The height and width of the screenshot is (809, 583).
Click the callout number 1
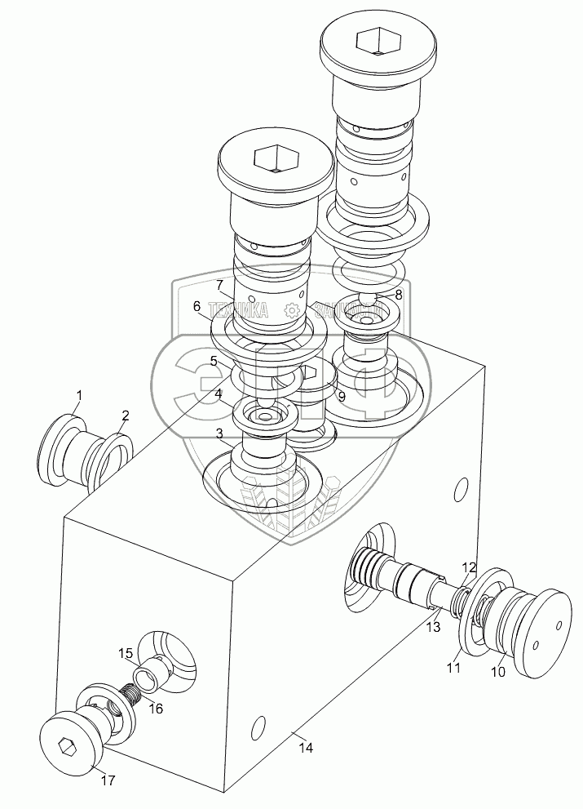(78, 397)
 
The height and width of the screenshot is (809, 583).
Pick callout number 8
(399, 295)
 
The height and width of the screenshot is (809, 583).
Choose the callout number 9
(341, 396)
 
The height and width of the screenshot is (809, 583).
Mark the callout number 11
(453, 667)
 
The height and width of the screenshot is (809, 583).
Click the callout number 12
(469, 567)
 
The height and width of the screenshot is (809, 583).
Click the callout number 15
(126, 653)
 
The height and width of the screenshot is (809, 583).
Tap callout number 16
(156, 709)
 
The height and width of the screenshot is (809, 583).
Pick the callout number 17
(108, 780)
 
